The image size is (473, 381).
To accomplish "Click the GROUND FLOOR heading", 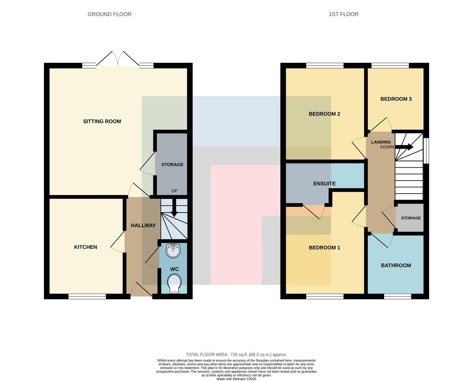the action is pyautogui.click(x=110, y=14).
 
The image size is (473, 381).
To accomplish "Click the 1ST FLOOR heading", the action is pyautogui.click(x=344, y=14).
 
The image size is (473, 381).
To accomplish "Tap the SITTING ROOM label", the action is pyautogui.click(x=102, y=121).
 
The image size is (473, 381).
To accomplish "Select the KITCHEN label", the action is pyautogui.click(x=86, y=247).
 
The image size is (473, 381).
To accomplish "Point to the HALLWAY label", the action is pyautogui.click(x=143, y=225).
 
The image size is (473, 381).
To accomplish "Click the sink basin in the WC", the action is pyautogui.click(x=173, y=250).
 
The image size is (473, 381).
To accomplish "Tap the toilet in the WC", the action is pyautogui.click(x=175, y=284).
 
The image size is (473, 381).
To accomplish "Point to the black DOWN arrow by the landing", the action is pyautogui.click(x=404, y=147).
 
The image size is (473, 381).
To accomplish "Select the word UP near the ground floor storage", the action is pyautogui.click(x=174, y=191).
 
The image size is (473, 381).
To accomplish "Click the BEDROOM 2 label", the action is pyautogui.click(x=324, y=114).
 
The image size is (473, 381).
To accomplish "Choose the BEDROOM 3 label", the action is pyautogui.click(x=396, y=99).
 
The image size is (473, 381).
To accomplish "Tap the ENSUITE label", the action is pyautogui.click(x=324, y=184).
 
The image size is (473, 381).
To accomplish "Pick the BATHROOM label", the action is pyautogui.click(x=396, y=265).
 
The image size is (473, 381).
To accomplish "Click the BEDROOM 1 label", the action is pyautogui.click(x=324, y=248).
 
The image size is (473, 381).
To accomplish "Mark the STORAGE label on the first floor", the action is pyautogui.click(x=411, y=218).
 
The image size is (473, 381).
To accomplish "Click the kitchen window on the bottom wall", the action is pyautogui.click(x=87, y=297).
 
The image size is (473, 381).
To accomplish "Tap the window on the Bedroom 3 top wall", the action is pyautogui.click(x=390, y=65).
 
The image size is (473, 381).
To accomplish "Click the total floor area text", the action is pyautogui.click(x=236, y=355).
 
